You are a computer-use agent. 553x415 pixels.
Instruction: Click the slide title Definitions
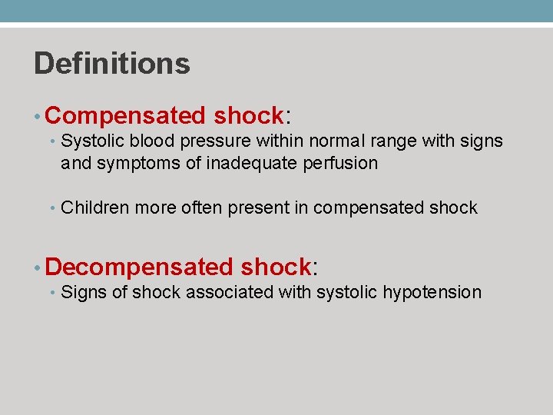[112, 63]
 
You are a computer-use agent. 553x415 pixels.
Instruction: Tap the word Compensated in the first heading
[126, 116]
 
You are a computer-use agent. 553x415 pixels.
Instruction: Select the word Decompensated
[140, 267]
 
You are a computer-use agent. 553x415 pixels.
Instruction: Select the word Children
[89, 207]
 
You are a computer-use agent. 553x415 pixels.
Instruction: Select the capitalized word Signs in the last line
[80, 292]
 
